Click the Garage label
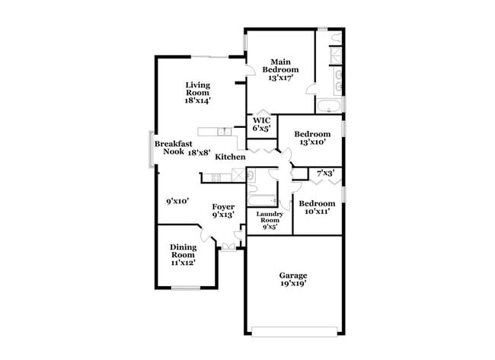[x=293, y=279]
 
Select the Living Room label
[x=197, y=91]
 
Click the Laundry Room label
[x=270, y=220]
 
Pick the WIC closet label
[x=262, y=124]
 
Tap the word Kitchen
[x=230, y=157]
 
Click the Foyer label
[x=222, y=210]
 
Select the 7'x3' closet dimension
[x=326, y=174]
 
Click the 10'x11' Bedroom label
[x=316, y=208]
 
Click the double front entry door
[x=228, y=245]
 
